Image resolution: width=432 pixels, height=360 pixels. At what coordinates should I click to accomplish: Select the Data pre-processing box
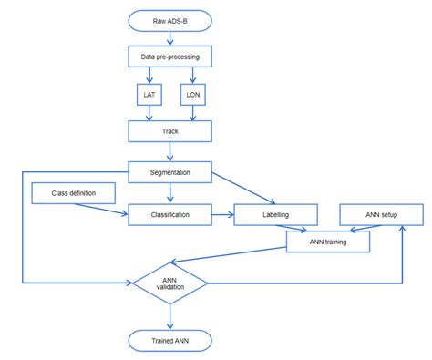(x=170, y=57)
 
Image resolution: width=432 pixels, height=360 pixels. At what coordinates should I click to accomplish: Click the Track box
(x=170, y=131)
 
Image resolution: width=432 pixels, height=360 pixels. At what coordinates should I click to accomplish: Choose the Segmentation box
(x=170, y=171)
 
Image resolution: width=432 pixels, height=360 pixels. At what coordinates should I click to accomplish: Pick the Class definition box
(x=75, y=193)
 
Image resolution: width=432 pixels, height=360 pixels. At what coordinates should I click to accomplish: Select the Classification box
(x=170, y=215)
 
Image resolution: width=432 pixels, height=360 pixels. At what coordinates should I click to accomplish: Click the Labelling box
(x=276, y=215)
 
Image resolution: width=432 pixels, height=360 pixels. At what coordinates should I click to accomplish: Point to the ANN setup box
(x=381, y=215)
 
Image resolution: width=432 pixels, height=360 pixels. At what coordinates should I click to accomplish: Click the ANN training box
(x=328, y=241)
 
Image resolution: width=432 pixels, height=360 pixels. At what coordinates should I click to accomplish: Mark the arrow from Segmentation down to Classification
(x=170, y=192)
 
